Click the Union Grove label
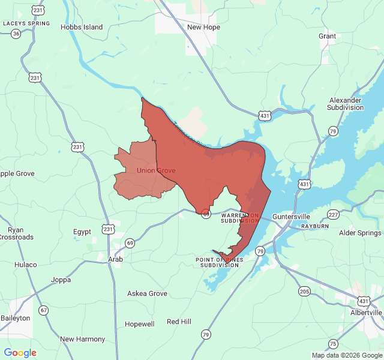156,170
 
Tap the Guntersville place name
291,216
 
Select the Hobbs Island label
82,27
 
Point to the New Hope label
203,27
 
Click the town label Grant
328,36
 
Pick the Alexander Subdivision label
346,104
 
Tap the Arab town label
115,259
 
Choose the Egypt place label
82,232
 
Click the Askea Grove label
147,293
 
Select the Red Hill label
179,322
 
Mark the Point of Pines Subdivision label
220,262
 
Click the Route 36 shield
16,34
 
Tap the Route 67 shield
43,310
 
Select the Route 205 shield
304,292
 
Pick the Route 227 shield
334,215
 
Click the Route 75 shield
333,343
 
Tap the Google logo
20,353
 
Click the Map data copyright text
346,355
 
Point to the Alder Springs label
360,233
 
